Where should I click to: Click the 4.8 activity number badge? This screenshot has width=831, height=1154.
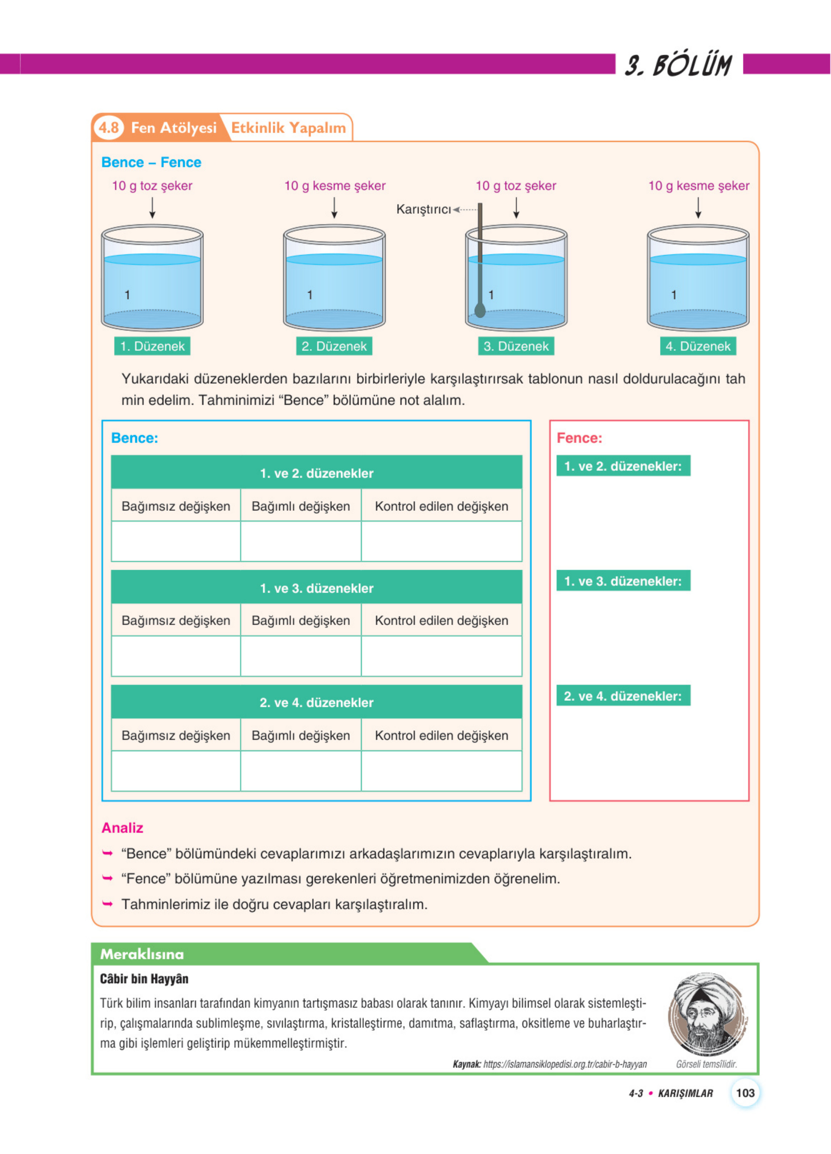(x=109, y=127)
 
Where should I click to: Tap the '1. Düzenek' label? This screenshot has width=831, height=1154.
(x=152, y=346)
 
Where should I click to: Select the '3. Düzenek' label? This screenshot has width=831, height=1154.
(x=516, y=346)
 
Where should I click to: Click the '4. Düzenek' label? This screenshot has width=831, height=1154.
(x=698, y=346)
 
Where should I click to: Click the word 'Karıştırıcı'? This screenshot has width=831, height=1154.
(x=423, y=209)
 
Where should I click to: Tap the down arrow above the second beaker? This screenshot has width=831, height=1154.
(x=334, y=208)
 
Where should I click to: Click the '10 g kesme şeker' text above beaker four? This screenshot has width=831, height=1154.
(x=698, y=186)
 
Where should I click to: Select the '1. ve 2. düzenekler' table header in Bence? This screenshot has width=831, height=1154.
(x=317, y=473)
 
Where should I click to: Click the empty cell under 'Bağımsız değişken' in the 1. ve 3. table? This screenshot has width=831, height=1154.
(x=176, y=656)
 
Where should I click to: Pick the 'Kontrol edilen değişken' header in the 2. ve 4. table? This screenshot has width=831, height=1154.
(x=441, y=735)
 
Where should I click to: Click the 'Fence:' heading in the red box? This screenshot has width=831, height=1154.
(x=579, y=438)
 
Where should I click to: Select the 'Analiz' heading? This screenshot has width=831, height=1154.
(x=122, y=828)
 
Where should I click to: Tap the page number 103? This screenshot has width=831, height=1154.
(x=745, y=1093)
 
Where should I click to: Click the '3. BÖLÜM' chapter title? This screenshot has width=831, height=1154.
(x=678, y=65)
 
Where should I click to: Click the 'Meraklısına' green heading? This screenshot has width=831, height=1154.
(x=142, y=954)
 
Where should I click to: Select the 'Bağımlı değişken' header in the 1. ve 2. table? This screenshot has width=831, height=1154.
(x=301, y=506)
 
